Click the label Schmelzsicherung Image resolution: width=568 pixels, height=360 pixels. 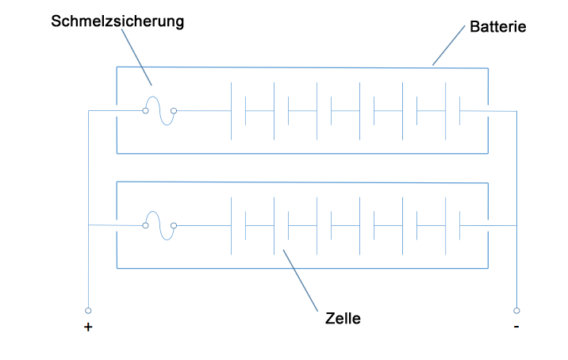[x=117, y=21]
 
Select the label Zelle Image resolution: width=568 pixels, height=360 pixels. [x=343, y=319]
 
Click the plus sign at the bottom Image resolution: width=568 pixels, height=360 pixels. [x=87, y=327]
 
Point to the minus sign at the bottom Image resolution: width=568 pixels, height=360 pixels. [x=516, y=327]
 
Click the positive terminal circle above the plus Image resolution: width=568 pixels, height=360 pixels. [x=88, y=310]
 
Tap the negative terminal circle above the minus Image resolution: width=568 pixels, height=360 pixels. [x=516, y=310]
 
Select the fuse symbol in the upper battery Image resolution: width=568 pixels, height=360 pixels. [x=159, y=111]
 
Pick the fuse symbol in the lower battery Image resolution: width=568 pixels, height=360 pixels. [x=159, y=226]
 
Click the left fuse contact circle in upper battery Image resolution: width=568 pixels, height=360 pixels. [x=145, y=111]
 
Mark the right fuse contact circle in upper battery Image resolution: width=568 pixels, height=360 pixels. [x=174, y=111]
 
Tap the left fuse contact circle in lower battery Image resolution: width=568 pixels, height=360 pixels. [x=145, y=226]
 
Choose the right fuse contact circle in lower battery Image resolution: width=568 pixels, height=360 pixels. [x=174, y=226]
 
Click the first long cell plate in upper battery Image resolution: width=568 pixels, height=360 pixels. [x=231, y=111]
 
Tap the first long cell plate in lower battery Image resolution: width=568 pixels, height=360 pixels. [x=231, y=226]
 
